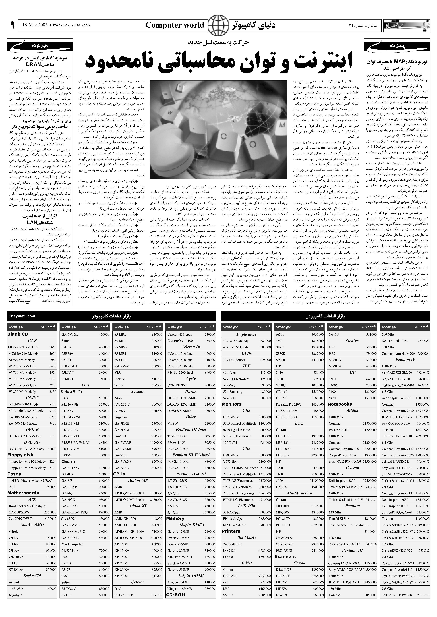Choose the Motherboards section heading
pos(23,493)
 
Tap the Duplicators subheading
pos(247,334)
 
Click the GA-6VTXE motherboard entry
pos(70,334)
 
